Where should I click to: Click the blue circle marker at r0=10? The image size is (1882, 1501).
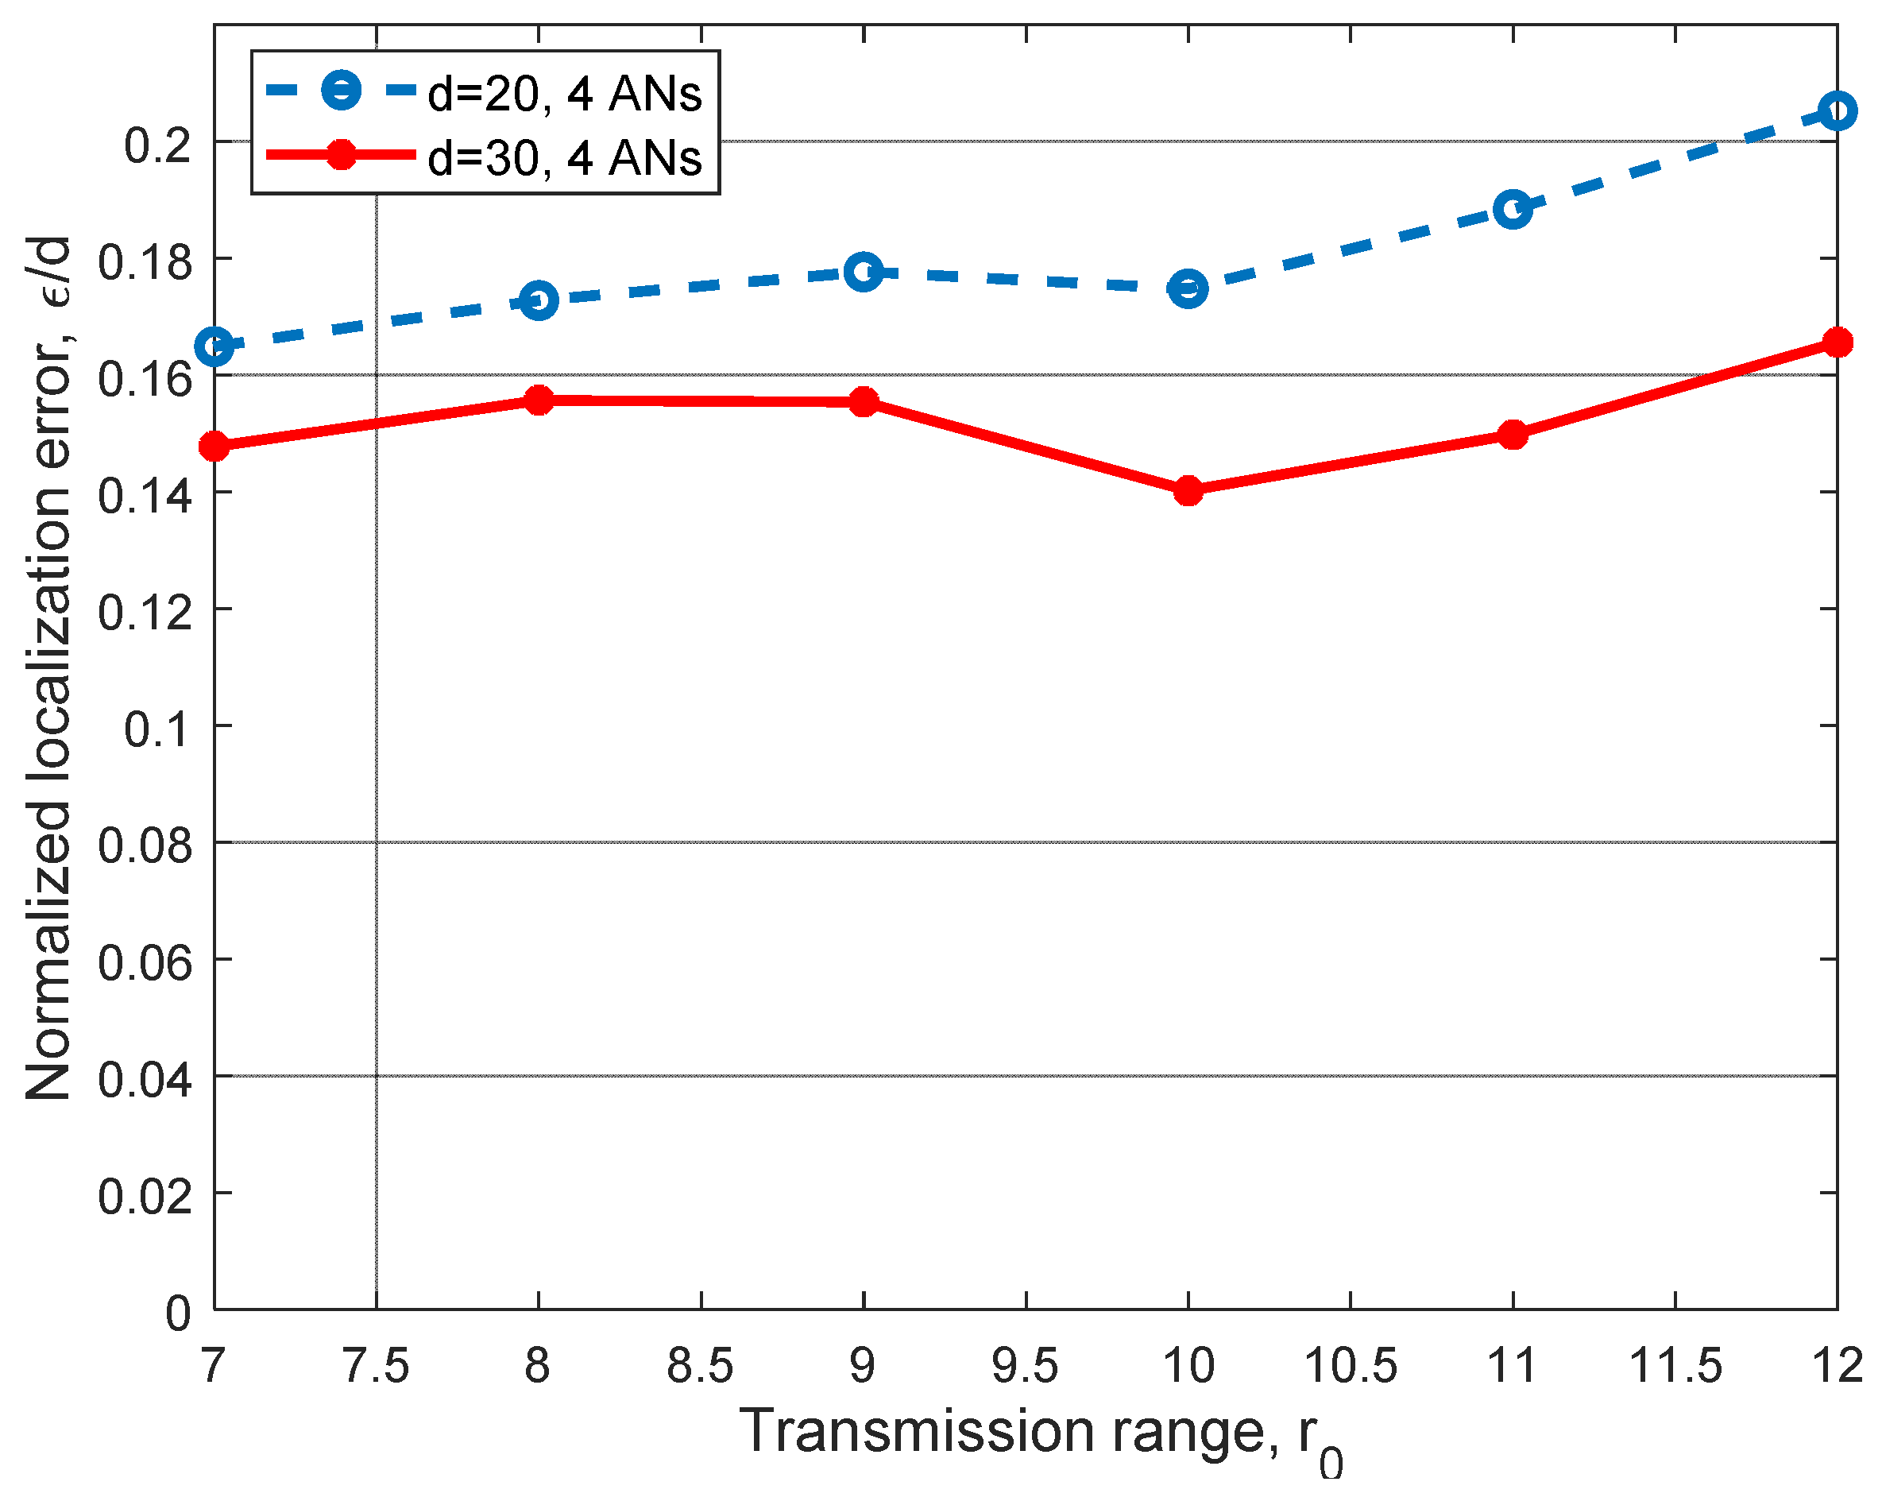coord(1188,288)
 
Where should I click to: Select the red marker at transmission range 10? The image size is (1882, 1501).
coord(1188,491)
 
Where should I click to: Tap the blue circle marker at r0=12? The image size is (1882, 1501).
coord(1837,111)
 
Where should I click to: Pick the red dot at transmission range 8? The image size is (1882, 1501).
coord(539,400)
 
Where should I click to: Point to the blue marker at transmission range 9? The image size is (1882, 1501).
coord(864,273)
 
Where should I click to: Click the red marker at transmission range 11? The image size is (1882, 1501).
coord(1513,434)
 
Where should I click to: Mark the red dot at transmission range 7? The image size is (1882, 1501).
coord(214,447)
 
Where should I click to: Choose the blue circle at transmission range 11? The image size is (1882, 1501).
coord(1513,210)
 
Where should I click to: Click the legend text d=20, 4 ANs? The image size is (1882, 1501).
coord(565,94)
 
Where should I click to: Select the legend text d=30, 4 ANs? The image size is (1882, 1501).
coord(565,159)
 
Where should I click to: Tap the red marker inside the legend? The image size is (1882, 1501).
coord(342,156)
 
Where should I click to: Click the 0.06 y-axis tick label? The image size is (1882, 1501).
coord(145,961)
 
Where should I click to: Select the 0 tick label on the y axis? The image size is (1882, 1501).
coord(178,1313)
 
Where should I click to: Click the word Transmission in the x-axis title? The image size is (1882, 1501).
coord(917,1432)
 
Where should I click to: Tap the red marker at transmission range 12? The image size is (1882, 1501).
coord(1837,342)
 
